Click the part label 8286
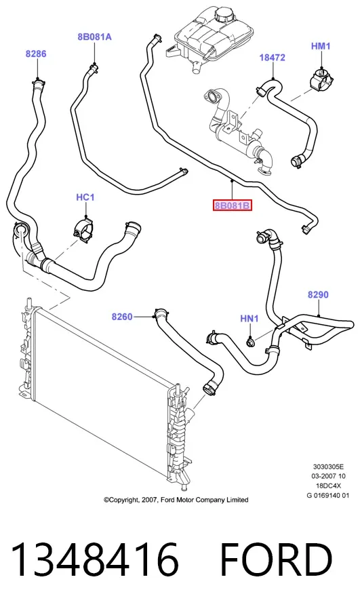click(36, 54)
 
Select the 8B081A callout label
click(94, 37)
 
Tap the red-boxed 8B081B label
click(233, 205)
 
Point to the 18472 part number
click(273, 57)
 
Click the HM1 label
click(321, 46)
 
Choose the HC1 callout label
click(85, 197)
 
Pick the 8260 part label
click(122, 317)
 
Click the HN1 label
click(249, 319)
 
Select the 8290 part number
click(318, 294)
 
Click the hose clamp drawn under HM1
click(321, 81)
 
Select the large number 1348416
click(95, 559)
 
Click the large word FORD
click(276, 559)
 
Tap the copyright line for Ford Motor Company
click(176, 500)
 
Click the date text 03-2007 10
click(328, 476)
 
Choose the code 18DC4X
click(328, 486)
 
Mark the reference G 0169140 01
click(328, 496)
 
